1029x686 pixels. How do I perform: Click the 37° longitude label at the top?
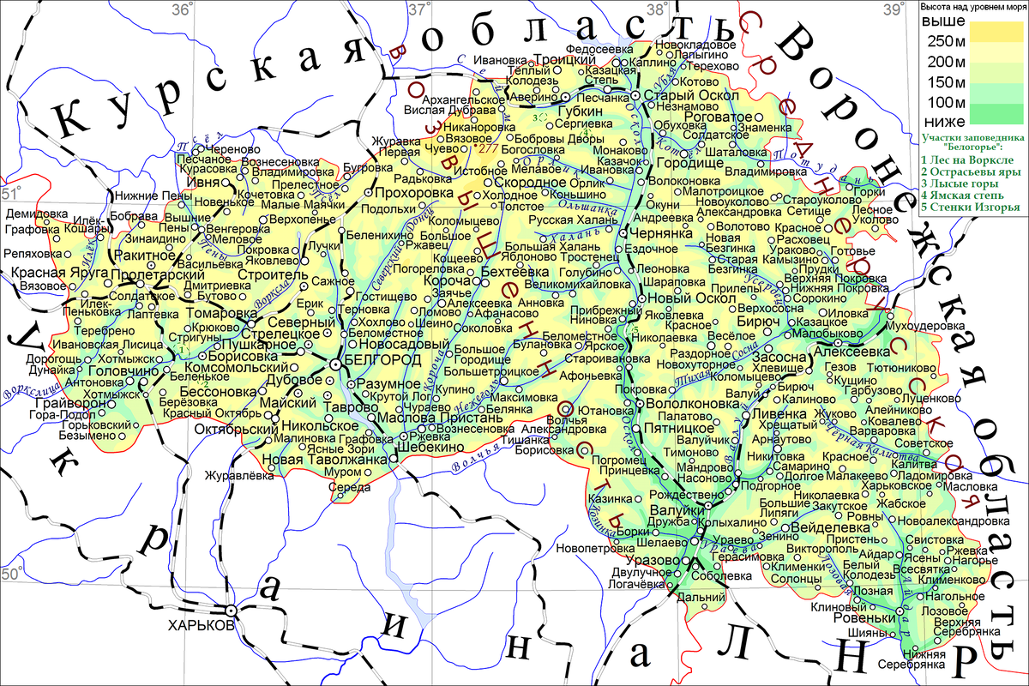tap(418, 9)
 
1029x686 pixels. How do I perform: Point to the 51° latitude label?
tap(12, 193)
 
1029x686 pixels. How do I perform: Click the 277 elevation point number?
tap(490, 148)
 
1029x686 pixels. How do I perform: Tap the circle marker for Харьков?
tap(232, 610)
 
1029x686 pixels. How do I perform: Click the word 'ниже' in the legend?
tap(943, 120)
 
